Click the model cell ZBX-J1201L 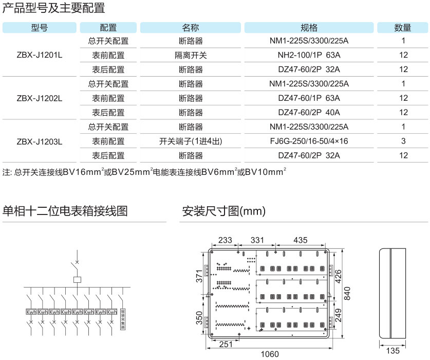40,55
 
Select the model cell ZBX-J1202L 40,98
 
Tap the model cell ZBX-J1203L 40,141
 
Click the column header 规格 309,28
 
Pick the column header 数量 402,28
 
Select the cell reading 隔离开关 191,55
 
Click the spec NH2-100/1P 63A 309,55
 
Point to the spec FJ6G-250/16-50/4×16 309,141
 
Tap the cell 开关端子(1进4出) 191,141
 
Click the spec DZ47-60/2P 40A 309,112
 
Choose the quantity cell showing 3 403,141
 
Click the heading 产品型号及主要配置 53,8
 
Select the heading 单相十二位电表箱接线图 65,211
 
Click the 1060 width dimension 269,354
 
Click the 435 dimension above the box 300,240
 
